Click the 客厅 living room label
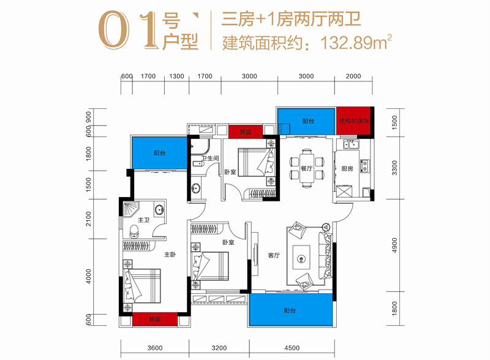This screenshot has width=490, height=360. pos(273,255)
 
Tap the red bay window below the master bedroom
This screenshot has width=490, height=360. pos(155,320)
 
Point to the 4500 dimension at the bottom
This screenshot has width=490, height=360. pos(292,348)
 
